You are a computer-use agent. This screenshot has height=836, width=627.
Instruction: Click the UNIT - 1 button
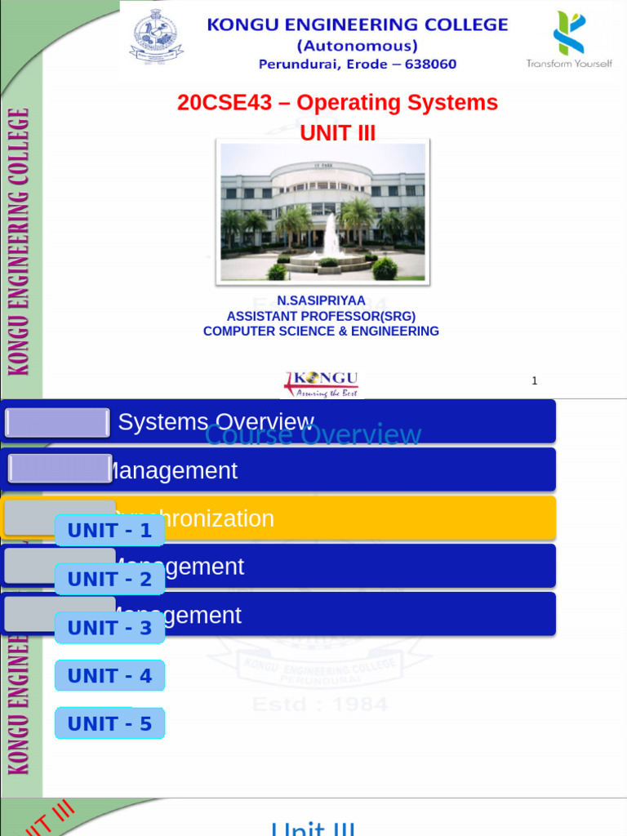(109, 531)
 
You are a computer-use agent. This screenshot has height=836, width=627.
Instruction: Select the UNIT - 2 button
(109, 580)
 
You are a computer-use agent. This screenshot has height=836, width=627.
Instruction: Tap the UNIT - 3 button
(109, 628)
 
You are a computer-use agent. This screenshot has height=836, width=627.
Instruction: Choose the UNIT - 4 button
(109, 676)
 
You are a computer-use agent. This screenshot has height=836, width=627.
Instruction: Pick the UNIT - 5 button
(109, 724)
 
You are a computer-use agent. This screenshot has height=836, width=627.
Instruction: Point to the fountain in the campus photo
(331, 238)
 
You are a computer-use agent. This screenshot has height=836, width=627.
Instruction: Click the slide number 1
(534, 380)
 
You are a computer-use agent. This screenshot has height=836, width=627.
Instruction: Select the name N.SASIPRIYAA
(321, 300)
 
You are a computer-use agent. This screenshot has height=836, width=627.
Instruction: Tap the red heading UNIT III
(337, 133)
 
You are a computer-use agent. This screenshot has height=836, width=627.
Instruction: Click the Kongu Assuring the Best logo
(321, 384)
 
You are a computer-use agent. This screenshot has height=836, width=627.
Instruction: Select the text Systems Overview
(216, 422)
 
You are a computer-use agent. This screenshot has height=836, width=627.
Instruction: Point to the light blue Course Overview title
(313, 435)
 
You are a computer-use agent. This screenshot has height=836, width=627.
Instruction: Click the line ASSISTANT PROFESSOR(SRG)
(321, 316)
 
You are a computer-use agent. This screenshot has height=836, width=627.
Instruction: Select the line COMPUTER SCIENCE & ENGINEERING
(321, 331)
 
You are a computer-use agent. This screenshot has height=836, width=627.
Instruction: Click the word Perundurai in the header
(298, 64)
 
